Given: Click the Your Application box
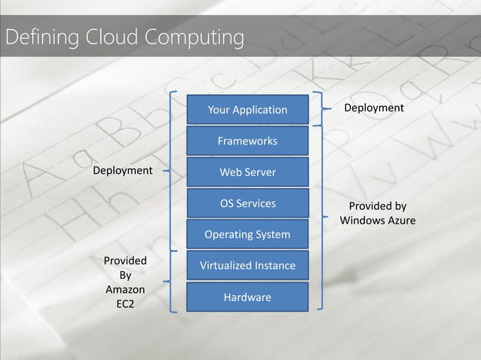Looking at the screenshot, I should click(247, 110).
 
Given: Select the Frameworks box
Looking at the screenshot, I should click(247, 141).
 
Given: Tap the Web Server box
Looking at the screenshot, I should click(247, 172).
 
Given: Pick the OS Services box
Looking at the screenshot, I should click(247, 203).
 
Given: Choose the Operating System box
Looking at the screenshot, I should click(247, 235).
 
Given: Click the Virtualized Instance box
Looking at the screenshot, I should click(247, 266).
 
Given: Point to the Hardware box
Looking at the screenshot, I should click(247, 297).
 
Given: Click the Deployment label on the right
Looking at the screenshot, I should click(374, 108).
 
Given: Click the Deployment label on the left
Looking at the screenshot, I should click(122, 171).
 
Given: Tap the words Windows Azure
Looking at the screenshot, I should click(378, 221).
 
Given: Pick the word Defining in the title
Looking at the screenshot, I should click(36, 36).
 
